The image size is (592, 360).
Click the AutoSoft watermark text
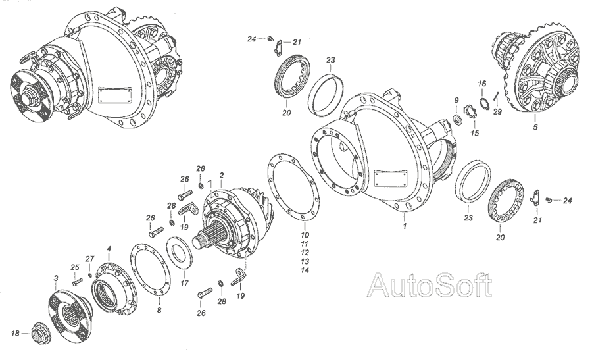coord(430,285)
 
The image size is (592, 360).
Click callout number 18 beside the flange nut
coord(15,333)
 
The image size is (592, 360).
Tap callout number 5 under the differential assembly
coord(535,127)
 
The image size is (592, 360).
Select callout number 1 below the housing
coord(405,226)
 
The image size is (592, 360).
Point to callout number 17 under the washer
coord(184,283)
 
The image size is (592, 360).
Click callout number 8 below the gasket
coord(159,310)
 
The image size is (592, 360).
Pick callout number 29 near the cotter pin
coord(497,112)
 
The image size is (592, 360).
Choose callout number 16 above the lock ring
coord(481,84)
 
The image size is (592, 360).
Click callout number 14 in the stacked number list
coord(305,270)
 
